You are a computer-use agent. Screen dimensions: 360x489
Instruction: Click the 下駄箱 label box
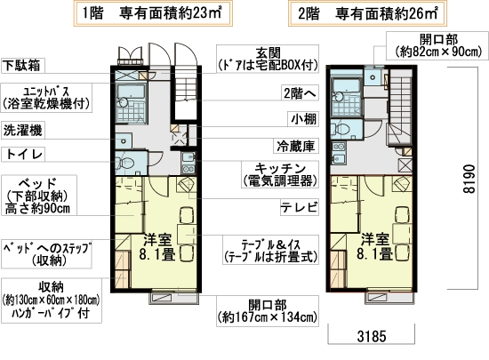tap(25, 66)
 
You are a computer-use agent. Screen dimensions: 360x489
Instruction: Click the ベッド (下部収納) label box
tap(38, 196)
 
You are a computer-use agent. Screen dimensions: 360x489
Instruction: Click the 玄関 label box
tap(263, 60)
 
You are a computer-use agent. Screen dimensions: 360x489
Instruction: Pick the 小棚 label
tap(300, 117)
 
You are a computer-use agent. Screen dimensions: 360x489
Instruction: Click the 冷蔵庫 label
tap(293, 143)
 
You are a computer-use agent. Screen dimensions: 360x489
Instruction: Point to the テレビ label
tap(294, 210)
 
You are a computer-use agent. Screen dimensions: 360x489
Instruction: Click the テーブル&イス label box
tap(272, 247)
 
